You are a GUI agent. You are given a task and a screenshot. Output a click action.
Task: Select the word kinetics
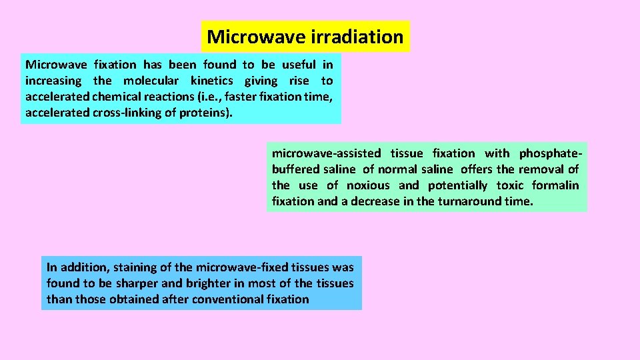(x=212, y=81)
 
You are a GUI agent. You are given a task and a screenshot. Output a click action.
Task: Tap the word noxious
(x=368, y=185)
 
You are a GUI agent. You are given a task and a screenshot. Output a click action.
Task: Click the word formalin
(x=555, y=185)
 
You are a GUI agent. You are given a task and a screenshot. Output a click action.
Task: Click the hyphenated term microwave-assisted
(x=327, y=153)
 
